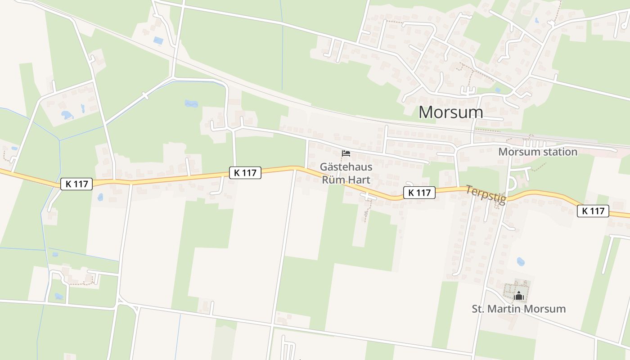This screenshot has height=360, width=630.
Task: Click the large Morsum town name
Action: tap(451, 112)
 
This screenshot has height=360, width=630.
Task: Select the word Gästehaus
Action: tap(346, 167)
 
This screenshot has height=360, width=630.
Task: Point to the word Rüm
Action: tap(333, 180)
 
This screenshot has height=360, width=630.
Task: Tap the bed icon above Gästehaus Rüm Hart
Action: tap(346, 154)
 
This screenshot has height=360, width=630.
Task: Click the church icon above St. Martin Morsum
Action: tap(518, 296)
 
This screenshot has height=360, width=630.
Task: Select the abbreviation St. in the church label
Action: tap(479, 309)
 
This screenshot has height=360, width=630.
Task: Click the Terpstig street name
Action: tap(486, 194)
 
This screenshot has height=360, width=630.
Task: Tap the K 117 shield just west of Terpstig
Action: tap(419, 193)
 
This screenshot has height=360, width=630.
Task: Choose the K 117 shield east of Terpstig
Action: tap(593, 211)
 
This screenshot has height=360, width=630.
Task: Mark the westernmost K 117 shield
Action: tap(76, 184)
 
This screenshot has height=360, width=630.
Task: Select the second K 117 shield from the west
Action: tap(245, 172)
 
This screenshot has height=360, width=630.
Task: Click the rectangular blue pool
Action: tap(158, 40)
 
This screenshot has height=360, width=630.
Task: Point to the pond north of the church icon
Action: tap(521, 261)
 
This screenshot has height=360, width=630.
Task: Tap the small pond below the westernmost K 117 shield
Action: tap(100, 197)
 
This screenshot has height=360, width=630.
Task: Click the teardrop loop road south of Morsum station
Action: tap(512, 183)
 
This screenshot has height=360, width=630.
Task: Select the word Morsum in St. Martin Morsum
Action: tap(545, 309)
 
